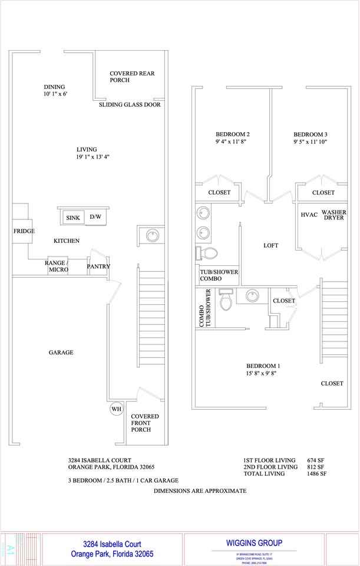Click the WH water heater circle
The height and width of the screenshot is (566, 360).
pos(115,409)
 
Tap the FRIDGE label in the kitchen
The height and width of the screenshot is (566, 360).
pos(24,231)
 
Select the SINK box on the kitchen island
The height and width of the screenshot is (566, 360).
pos(73,218)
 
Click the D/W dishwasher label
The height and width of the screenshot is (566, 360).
pos(95,217)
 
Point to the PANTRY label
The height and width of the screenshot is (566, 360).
pos(98,266)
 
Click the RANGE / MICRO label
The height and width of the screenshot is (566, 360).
pos(57,266)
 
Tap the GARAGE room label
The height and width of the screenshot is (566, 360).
pos(61,353)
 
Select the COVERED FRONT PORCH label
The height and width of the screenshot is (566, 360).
pos(144,423)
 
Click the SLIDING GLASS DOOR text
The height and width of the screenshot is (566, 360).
pos(130,104)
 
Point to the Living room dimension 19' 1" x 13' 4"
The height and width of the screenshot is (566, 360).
pos(93,157)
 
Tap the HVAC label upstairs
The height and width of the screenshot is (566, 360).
pos(309,215)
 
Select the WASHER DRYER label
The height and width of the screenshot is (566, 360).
pos(334,215)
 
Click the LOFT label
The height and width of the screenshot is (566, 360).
pos(271,245)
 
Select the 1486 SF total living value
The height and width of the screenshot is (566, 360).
pos(317,473)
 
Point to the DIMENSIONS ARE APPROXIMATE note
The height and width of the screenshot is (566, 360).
pos(200,491)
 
